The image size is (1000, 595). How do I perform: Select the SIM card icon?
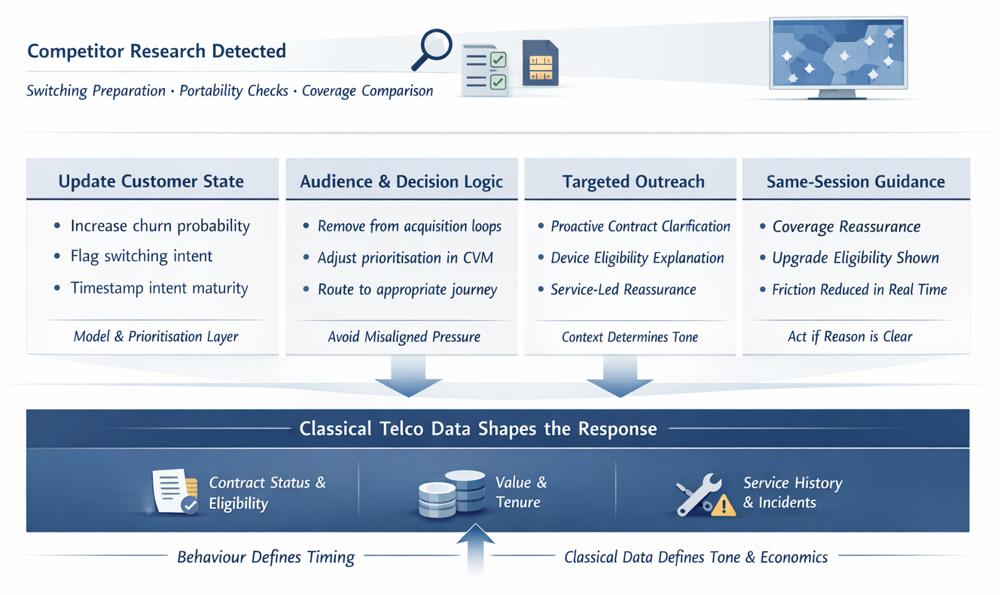(x=541, y=63)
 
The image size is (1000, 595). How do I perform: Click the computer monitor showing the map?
(x=838, y=56)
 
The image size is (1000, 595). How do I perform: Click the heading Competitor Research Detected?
(x=157, y=51)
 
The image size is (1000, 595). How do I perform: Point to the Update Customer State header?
(x=151, y=181)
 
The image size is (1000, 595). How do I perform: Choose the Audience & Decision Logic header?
(x=401, y=181)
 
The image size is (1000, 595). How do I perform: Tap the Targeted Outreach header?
(x=633, y=181)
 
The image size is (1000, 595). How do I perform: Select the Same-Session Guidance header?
(x=855, y=181)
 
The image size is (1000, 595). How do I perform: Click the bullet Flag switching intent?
(x=142, y=257)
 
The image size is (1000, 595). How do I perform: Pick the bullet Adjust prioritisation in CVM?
(x=405, y=258)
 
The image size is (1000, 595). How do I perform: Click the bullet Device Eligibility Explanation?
(x=637, y=258)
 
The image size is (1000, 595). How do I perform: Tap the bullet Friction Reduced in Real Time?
(x=859, y=290)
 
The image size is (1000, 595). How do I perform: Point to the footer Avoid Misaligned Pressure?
(x=404, y=337)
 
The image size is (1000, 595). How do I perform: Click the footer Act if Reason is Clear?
(x=850, y=337)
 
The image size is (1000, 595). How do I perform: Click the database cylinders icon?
(x=452, y=494)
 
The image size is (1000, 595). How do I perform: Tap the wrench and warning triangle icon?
(x=704, y=496)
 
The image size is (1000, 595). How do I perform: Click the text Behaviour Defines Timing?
(x=266, y=557)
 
